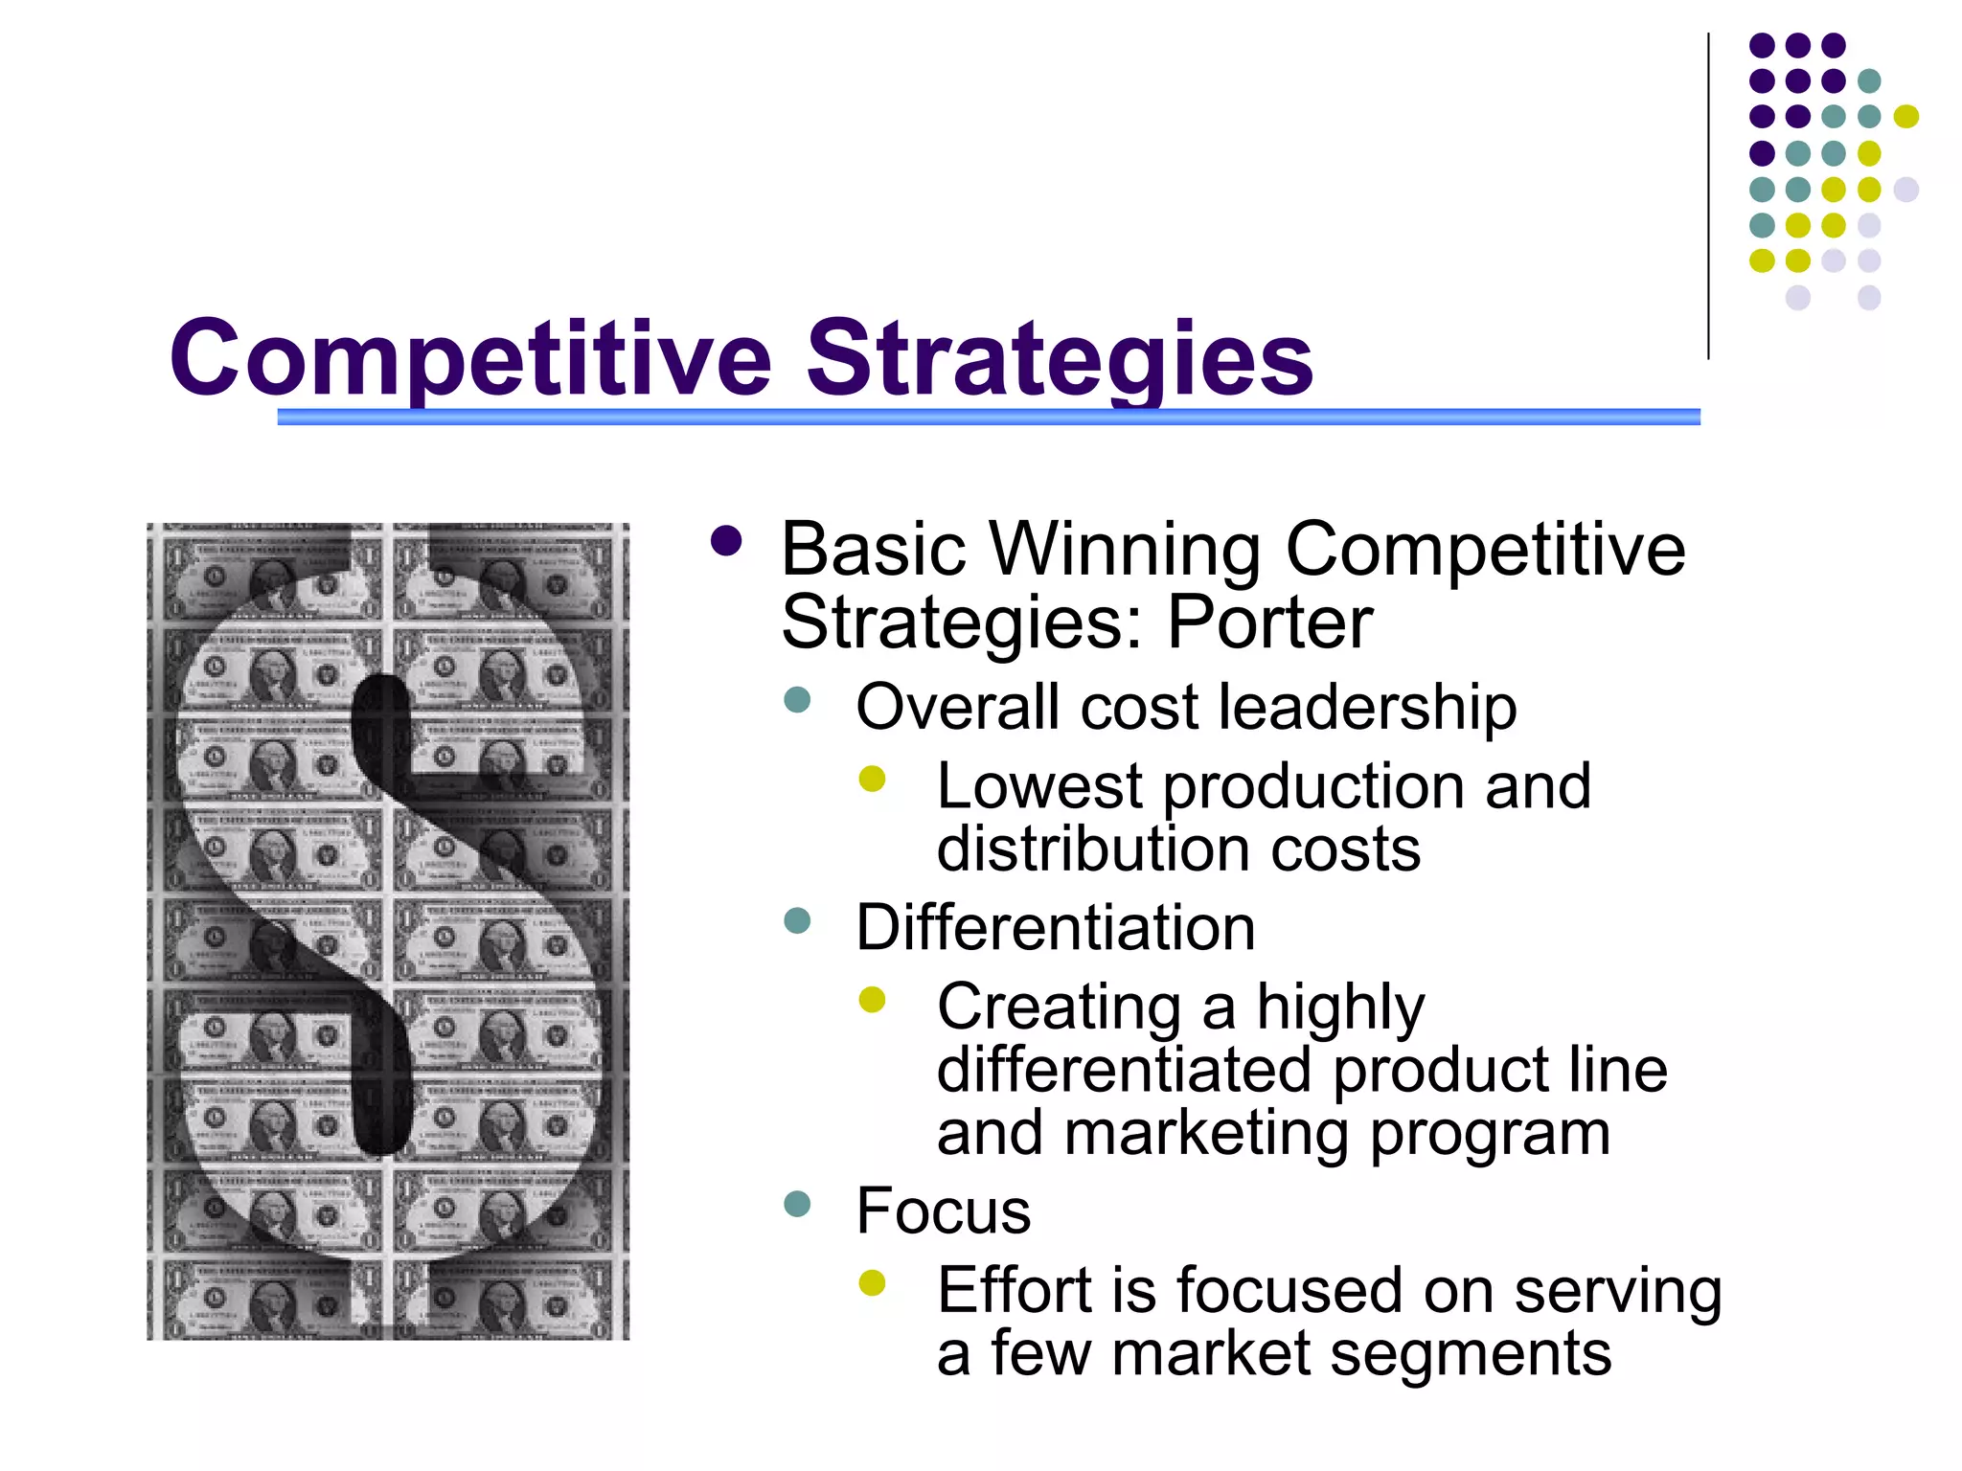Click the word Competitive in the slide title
click(470, 359)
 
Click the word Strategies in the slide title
click(1060, 359)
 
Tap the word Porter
click(1269, 623)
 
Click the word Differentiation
click(1055, 928)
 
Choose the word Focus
click(943, 1211)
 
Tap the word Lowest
click(1039, 786)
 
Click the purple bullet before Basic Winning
click(727, 541)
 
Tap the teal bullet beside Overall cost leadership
click(797, 700)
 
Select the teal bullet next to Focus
click(797, 1203)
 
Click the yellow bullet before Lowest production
click(873, 779)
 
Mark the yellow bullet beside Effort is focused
click(873, 1282)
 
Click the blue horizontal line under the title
click(987, 417)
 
